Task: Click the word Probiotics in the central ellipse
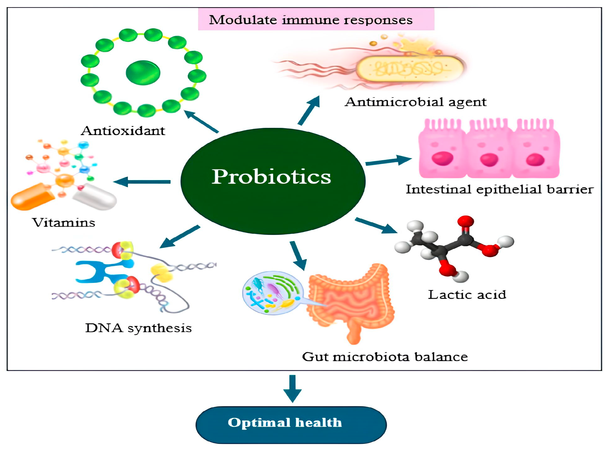[271, 177]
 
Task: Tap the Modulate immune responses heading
[310, 20]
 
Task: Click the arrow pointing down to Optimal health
[292, 388]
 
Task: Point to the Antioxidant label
[123, 131]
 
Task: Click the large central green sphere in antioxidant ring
[143, 73]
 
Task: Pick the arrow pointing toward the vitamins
[142, 182]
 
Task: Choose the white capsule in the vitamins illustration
[95, 197]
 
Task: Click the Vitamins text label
[64, 222]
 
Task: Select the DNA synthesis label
[138, 328]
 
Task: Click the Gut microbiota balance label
[385, 357]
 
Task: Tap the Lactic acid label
[467, 295]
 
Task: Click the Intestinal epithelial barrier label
[499, 189]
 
